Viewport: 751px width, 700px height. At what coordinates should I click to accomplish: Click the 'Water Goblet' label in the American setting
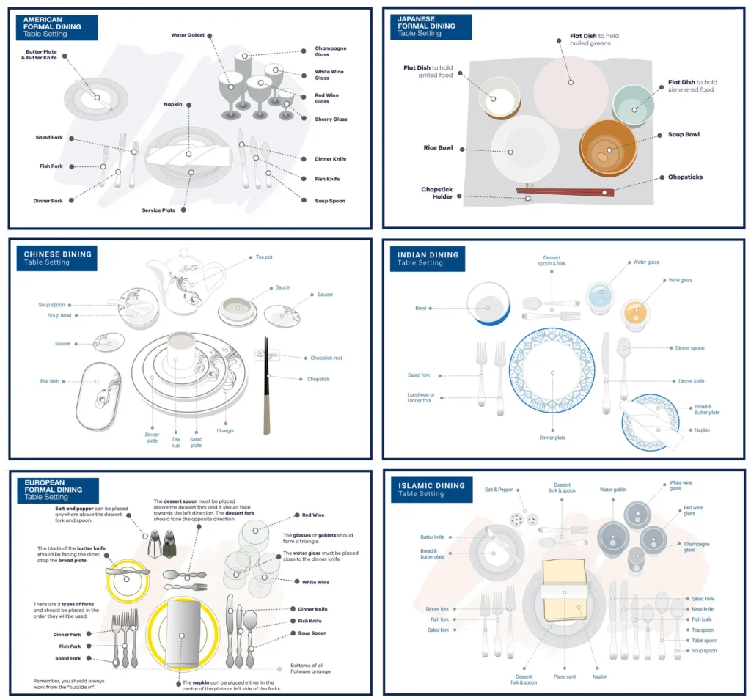click(187, 35)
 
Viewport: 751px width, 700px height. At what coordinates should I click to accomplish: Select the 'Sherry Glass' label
click(331, 119)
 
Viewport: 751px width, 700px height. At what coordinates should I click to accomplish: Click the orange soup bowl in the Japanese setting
click(608, 148)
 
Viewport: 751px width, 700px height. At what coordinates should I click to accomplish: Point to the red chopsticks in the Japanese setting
click(565, 192)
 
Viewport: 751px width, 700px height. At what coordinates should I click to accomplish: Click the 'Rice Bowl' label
click(438, 147)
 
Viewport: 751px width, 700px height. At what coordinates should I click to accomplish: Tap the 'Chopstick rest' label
click(326, 358)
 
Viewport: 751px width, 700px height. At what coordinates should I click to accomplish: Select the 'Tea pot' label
click(264, 257)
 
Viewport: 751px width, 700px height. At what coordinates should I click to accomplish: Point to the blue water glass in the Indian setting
click(601, 297)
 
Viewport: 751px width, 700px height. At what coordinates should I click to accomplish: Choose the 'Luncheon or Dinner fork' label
click(420, 397)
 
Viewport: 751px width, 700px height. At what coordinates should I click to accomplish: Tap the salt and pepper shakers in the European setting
click(161, 544)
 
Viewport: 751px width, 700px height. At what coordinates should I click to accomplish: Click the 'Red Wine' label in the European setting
click(312, 515)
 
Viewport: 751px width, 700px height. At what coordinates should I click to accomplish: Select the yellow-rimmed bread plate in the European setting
click(127, 581)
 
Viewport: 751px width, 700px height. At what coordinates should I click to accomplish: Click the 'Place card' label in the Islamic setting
click(564, 677)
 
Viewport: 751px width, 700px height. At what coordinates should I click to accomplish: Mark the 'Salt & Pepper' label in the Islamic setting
click(499, 490)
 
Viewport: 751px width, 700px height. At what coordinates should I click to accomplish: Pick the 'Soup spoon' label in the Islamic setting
click(704, 651)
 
